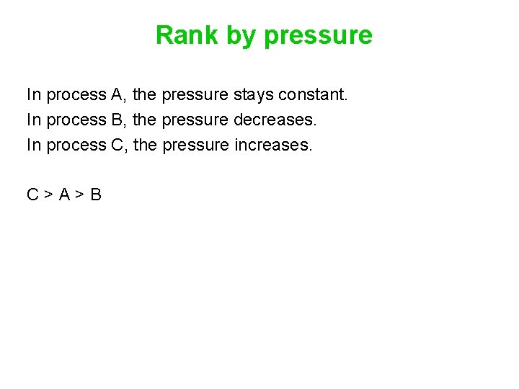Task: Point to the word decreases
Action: tap(275, 120)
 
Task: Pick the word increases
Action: tap(274, 145)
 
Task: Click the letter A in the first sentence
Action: tap(117, 94)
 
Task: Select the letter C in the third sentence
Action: tap(117, 145)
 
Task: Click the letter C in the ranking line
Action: tap(32, 194)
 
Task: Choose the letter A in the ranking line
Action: tap(64, 194)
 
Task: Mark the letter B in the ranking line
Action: tap(96, 194)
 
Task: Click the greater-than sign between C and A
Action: tap(48, 195)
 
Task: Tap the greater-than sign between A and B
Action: tap(80, 195)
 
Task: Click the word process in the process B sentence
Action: tap(76, 120)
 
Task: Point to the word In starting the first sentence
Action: tap(33, 94)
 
